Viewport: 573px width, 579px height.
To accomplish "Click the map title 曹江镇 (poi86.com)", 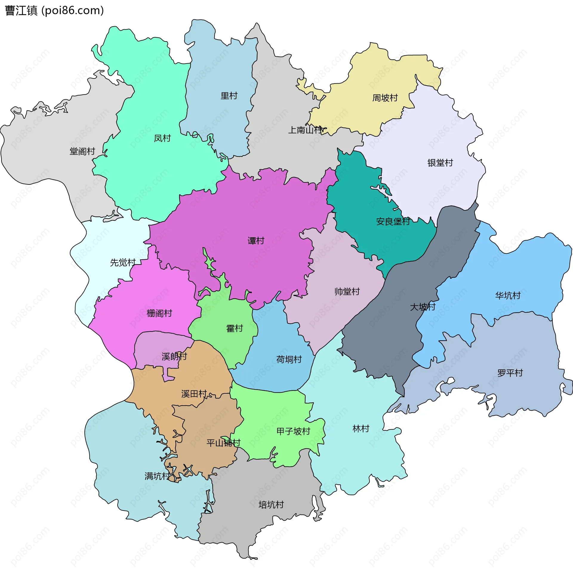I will tap(55, 11).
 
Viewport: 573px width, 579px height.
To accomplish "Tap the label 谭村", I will tap(256, 241).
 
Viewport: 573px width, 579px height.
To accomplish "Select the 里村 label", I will tap(229, 96).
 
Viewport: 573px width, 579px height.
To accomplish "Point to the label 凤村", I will tap(162, 138).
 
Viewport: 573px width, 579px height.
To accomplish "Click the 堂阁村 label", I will tap(82, 151).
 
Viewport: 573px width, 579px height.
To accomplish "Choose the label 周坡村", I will tap(385, 98).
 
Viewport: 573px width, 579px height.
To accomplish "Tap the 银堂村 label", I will tap(440, 163).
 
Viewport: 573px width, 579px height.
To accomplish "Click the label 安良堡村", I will tap(393, 221).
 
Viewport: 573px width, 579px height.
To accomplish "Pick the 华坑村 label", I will tap(508, 295).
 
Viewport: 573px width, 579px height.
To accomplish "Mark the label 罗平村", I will tap(510, 373).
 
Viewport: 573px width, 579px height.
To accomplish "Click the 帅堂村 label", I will tap(347, 292).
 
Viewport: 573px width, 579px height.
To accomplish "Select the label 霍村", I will tap(234, 329).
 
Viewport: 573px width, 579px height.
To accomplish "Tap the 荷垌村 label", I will tap(289, 359).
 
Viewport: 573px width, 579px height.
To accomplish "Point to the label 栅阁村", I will tap(159, 313).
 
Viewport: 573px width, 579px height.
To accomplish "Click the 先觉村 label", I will tap(123, 263).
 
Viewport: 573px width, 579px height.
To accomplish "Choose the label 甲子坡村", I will tap(293, 431).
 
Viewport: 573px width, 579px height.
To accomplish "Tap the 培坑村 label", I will tap(271, 505).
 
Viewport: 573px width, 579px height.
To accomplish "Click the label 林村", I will tap(361, 429).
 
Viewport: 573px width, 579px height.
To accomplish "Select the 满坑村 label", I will tap(157, 476).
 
